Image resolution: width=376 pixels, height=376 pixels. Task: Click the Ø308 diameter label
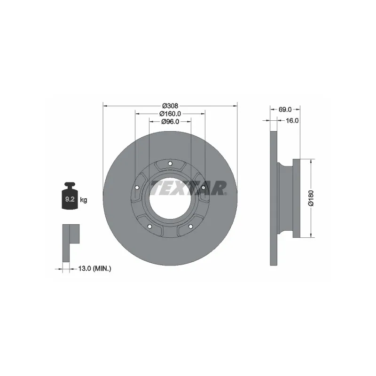(170, 105)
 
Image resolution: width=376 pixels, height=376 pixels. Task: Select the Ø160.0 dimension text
(170, 114)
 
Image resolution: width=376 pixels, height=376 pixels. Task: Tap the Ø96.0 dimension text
(170, 122)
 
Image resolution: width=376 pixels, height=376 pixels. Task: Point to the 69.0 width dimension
(285, 110)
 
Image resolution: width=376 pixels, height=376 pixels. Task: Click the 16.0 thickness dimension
(292, 120)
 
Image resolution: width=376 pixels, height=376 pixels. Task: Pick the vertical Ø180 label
(311, 198)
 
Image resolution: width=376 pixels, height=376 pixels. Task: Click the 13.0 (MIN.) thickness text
(95, 268)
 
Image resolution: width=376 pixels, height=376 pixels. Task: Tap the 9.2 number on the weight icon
(70, 199)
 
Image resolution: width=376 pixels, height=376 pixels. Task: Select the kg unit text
(84, 200)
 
